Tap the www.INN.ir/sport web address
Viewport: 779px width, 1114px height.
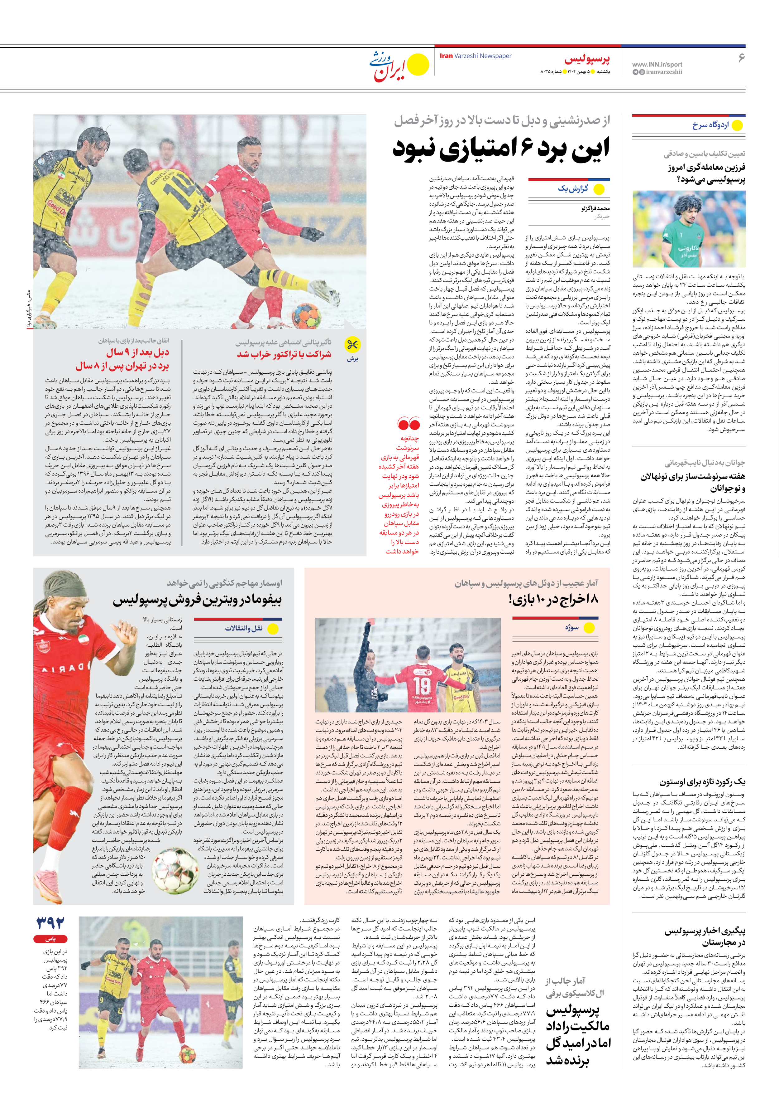657,64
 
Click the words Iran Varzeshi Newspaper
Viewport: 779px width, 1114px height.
475,56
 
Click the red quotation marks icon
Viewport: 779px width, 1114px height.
408,424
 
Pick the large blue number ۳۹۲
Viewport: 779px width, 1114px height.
50,923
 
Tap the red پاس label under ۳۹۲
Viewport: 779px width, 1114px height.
50,939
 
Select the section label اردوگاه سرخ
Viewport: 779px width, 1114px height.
710,125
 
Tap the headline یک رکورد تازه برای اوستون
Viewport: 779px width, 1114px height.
702,782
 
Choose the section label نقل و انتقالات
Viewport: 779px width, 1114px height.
243,628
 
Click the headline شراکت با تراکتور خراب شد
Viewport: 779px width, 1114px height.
284,355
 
